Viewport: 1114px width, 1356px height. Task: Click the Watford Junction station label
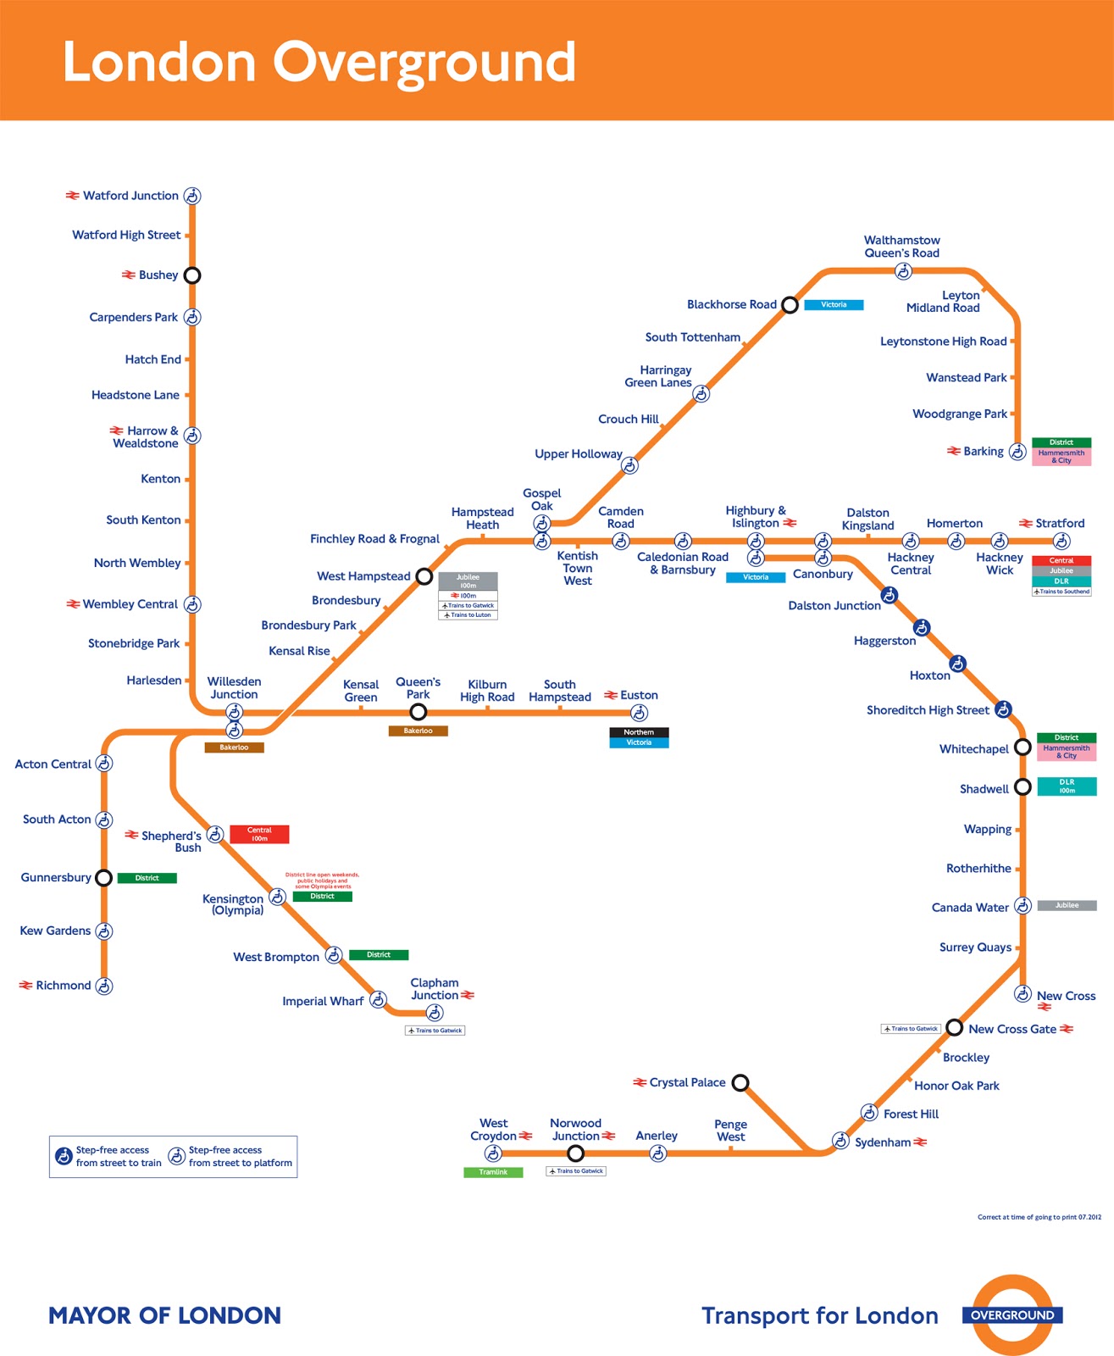[130, 196]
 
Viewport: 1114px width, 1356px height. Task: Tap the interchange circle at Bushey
[192, 275]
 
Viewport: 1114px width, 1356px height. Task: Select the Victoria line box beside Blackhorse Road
[834, 305]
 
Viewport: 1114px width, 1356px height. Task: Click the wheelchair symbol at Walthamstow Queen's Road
[903, 271]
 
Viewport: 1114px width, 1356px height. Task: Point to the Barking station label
[983, 452]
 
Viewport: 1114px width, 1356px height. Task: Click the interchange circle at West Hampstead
[424, 577]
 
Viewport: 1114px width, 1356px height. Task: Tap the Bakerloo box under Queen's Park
[418, 731]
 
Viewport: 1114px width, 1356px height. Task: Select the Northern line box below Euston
[639, 732]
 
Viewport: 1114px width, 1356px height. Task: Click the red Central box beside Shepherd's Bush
[259, 834]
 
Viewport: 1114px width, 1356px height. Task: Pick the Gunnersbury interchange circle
[103, 878]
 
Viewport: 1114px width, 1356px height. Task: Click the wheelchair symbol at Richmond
[103, 986]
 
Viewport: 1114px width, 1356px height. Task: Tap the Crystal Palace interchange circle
[740, 1082]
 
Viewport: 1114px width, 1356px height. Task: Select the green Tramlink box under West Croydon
[493, 1172]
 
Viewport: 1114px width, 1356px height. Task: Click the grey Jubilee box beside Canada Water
[1067, 905]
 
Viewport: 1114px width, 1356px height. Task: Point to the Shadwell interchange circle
[1023, 787]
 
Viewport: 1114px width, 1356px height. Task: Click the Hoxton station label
[929, 675]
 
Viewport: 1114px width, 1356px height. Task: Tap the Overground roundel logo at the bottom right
[1012, 1315]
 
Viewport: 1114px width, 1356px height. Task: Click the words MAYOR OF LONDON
[164, 1315]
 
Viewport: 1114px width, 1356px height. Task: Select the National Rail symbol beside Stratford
[1025, 524]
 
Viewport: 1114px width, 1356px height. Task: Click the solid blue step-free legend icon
[64, 1156]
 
